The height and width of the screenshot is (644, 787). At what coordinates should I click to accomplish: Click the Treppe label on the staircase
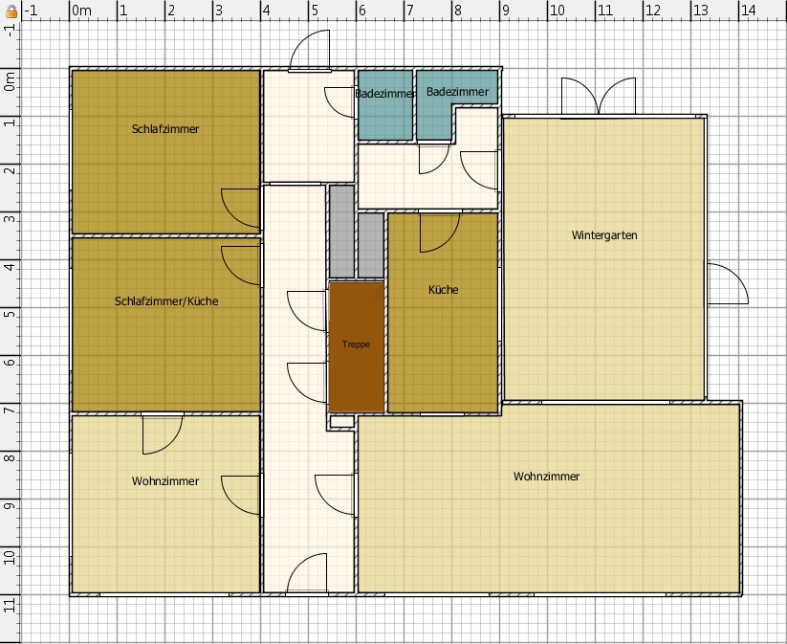356,344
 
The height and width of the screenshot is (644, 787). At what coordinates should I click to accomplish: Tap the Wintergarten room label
604,235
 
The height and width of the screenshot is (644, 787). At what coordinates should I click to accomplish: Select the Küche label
443,290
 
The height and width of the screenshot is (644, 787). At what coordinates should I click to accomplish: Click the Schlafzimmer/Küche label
166,301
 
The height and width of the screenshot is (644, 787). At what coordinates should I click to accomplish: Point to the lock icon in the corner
11,11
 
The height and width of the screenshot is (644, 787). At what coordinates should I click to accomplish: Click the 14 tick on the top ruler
749,11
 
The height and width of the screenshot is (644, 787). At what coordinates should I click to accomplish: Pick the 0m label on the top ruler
81,11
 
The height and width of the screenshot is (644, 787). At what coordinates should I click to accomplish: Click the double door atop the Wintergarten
599,96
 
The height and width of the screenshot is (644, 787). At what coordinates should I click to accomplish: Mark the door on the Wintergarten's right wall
728,284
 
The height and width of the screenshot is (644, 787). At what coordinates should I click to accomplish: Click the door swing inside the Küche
440,233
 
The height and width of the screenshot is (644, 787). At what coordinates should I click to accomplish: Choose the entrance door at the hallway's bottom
307,572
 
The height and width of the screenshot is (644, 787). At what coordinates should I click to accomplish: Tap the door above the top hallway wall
310,49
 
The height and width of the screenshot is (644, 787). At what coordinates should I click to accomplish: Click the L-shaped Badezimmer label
457,92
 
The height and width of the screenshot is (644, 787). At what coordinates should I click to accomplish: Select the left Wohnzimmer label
165,481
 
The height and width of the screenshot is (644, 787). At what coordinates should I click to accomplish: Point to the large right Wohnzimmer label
546,477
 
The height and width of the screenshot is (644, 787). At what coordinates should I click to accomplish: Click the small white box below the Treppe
341,421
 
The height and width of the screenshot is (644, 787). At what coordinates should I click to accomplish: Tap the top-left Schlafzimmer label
165,129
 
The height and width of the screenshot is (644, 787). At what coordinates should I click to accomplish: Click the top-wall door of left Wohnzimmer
163,434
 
